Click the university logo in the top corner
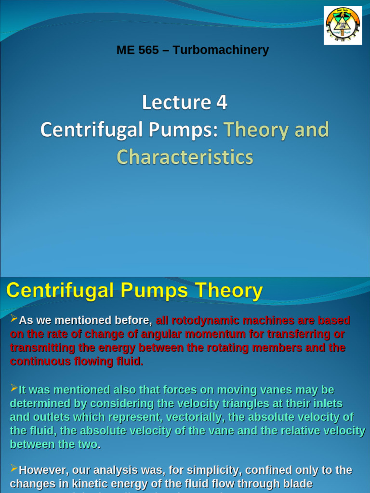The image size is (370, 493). [x=343, y=25]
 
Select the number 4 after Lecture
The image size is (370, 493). [x=222, y=103]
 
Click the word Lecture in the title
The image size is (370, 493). [x=176, y=103]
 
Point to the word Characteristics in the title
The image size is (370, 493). [x=185, y=157]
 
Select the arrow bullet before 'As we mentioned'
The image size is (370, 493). [x=14, y=319]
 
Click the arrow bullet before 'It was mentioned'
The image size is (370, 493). [x=14, y=388]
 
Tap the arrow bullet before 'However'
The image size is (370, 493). [x=14, y=468]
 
